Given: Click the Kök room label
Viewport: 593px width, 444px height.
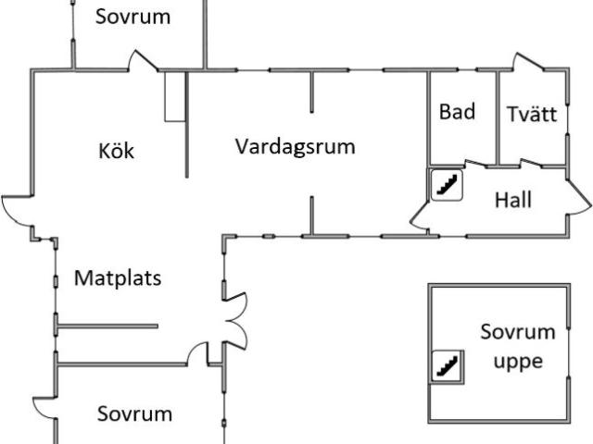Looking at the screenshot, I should [x=116, y=150].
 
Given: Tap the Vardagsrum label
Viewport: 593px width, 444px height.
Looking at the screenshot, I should [x=295, y=146].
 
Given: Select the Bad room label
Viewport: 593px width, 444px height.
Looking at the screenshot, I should [x=457, y=112].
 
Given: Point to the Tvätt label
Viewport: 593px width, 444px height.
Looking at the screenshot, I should [x=532, y=115].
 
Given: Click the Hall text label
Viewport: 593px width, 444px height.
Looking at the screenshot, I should [x=512, y=199].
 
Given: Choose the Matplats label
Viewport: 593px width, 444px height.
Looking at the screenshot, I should [x=118, y=277].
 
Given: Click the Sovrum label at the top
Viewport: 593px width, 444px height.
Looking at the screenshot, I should [x=133, y=17].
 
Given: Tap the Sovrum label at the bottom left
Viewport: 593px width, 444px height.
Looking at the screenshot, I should [x=135, y=413].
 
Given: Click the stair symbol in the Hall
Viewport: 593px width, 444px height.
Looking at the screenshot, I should [x=446, y=184].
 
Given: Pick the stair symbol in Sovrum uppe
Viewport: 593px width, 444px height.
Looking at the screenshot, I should [x=448, y=366].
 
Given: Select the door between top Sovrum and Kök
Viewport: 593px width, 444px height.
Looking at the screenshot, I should [x=144, y=63].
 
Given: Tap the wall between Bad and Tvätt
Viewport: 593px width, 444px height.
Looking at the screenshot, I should [x=498, y=116].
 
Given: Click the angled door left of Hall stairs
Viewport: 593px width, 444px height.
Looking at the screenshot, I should [x=419, y=215].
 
